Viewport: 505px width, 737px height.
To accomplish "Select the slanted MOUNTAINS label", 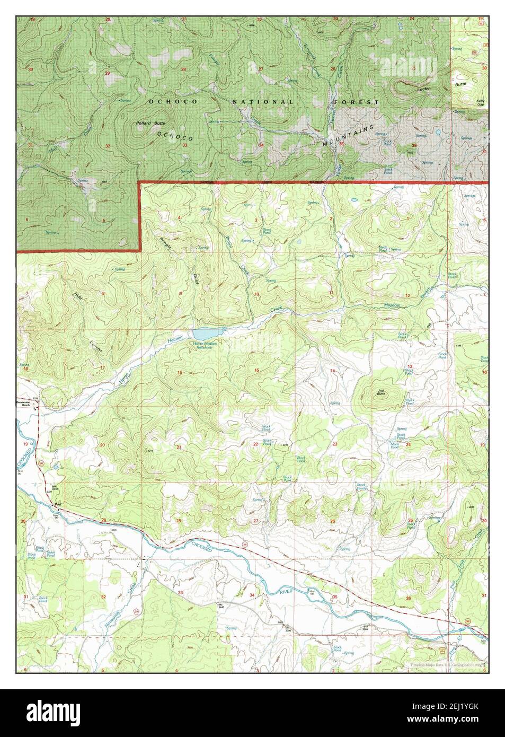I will (350, 136).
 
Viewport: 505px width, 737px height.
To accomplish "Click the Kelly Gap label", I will (480, 102).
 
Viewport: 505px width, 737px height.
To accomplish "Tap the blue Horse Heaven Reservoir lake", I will (203, 334).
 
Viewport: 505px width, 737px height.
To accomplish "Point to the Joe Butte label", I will (381, 393).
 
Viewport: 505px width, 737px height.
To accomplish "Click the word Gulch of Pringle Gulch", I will (196, 278).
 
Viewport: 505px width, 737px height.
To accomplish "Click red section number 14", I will (333, 370).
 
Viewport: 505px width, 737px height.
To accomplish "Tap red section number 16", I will (180, 373).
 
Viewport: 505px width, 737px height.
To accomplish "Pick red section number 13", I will (410, 367).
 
